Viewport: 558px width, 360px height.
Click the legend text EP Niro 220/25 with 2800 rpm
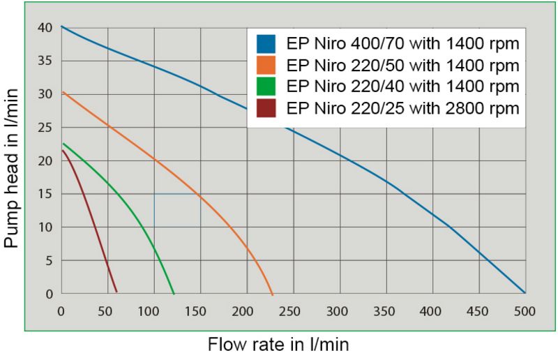[x=403, y=108]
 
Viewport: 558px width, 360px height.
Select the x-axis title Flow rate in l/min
[x=278, y=344]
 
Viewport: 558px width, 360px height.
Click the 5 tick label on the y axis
[x=49, y=261]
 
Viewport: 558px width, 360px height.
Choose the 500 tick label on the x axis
[x=524, y=311]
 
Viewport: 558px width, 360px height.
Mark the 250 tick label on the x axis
[x=293, y=311]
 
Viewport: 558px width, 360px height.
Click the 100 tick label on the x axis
[x=154, y=311]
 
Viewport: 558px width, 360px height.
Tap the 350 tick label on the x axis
[x=386, y=311]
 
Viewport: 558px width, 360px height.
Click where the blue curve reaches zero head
[x=524, y=293]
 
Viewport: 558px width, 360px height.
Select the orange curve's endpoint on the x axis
[x=273, y=294]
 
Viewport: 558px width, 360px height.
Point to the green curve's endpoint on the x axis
[x=174, y=293]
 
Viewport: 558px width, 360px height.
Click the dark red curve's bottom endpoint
[x=116, y=291]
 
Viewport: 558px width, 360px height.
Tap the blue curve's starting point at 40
[x=62, y=27]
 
